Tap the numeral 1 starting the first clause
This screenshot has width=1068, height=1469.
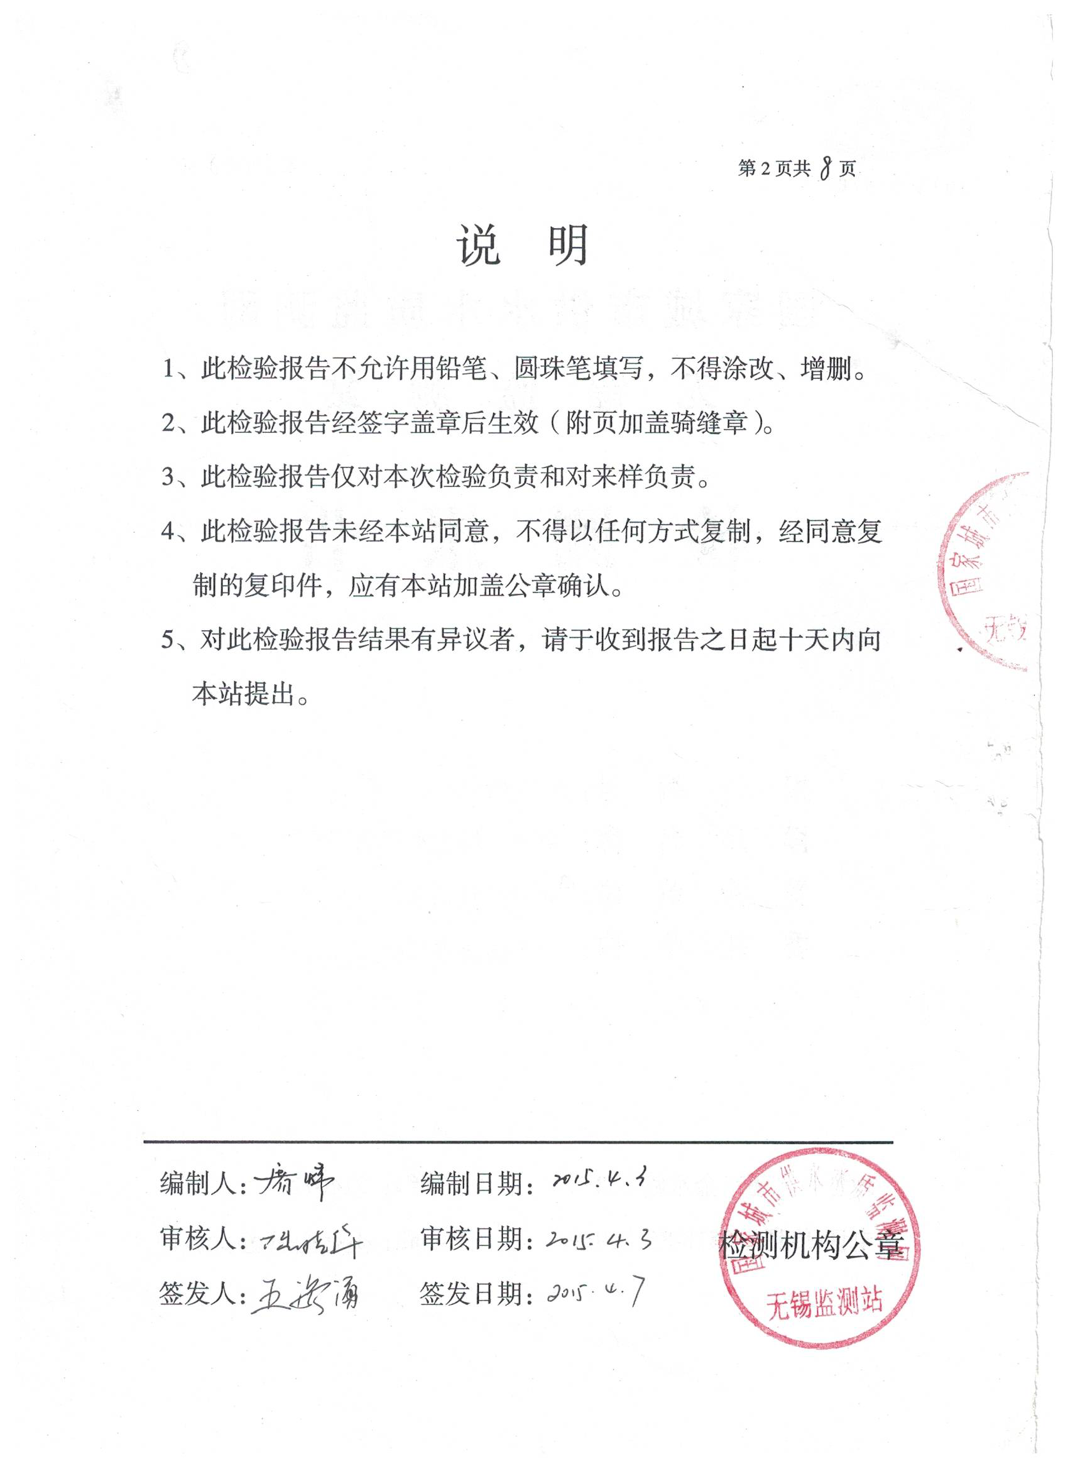coord(168,370)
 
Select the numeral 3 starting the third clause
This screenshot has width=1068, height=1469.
coord(168,478)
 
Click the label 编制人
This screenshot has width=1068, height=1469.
coord(197,1184)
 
